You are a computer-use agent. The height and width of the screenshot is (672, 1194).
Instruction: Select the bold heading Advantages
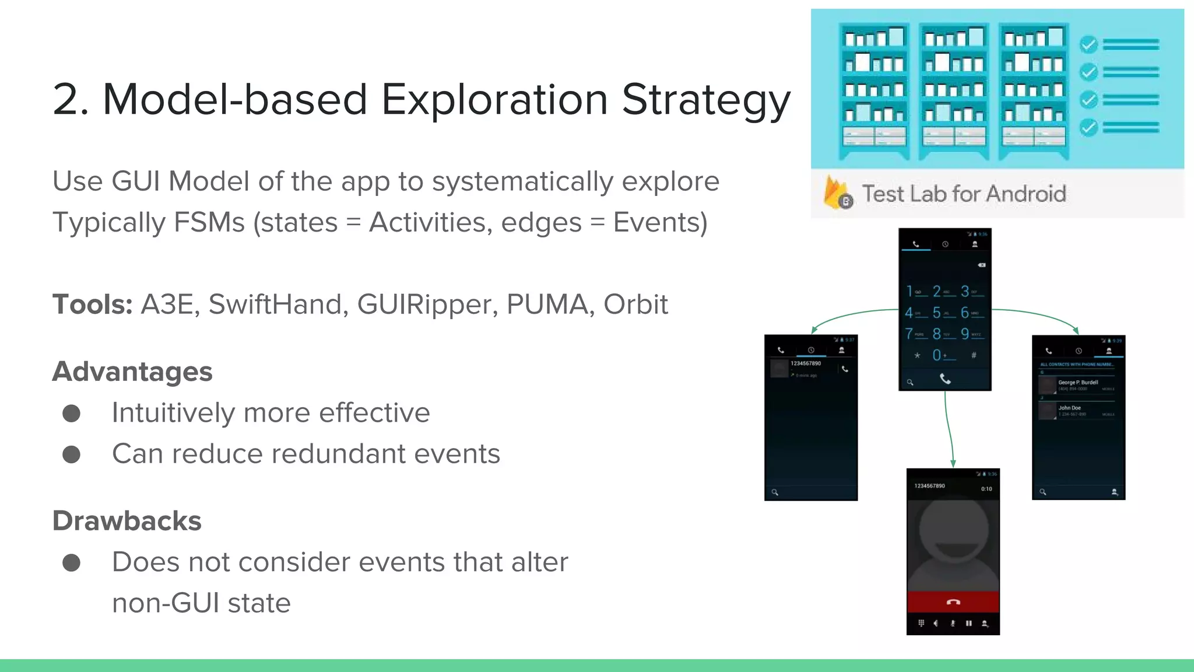tap(132, 372)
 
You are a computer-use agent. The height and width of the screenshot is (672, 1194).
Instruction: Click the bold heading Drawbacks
tap(127, 521)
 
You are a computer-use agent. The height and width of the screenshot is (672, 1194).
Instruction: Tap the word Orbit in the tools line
tap(635, 304)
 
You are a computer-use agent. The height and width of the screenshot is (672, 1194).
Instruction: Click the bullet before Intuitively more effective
tap(71, 414)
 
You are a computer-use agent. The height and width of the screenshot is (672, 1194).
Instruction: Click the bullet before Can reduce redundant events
tap(71, 454)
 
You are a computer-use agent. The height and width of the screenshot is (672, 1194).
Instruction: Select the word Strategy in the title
tap(705, 99)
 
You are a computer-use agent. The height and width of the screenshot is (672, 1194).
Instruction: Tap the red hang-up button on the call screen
tap(953, 602)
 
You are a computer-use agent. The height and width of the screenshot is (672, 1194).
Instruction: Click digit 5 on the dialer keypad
tap(936, 313)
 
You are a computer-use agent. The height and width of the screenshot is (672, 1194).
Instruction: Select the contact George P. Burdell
tap(1077, 383)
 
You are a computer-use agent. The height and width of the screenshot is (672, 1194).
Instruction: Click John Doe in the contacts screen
tap(1069, 408)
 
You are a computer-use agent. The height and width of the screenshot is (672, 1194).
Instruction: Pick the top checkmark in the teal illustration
tap(1088, 44)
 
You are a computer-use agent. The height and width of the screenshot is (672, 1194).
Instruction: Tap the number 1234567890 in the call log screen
tap(805, 363)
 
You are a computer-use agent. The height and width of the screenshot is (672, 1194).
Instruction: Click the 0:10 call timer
tap(986, 489)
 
